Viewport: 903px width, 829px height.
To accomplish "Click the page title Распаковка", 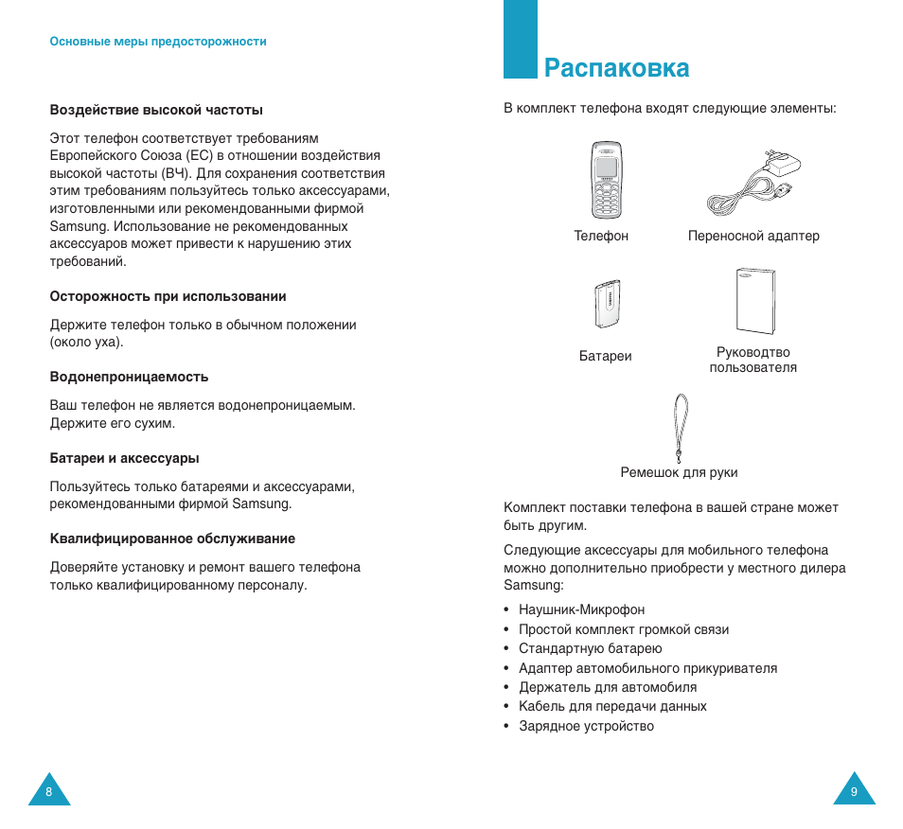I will (616, 68).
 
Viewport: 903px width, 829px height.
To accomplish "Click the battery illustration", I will (606, 304).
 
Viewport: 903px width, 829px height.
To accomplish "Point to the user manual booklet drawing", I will (754, 302).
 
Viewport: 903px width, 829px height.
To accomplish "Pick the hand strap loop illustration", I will (678, 423).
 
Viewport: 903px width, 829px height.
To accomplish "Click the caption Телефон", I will (601, 236).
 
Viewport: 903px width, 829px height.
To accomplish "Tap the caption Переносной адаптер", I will (753, 236).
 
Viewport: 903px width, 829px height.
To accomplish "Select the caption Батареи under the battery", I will (605, 356).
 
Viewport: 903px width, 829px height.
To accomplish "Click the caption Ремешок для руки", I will (679, 472).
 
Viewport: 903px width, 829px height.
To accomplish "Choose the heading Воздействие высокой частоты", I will (156, 110).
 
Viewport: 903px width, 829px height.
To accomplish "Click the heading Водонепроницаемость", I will (129, 377).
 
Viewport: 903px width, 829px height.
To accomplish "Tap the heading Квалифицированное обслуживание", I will (172, 538).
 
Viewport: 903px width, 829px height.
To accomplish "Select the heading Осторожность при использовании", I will (168, 296).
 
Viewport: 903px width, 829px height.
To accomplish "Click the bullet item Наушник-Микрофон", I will (581, 609).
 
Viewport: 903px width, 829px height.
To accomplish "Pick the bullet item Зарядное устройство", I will (586, 726).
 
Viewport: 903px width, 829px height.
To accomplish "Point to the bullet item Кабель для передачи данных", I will (612, 706).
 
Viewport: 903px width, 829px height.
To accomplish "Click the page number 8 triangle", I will (48, 790).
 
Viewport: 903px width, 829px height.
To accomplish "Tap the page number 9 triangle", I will (854, 790).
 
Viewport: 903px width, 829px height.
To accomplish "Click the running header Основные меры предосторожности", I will (158, 42).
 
